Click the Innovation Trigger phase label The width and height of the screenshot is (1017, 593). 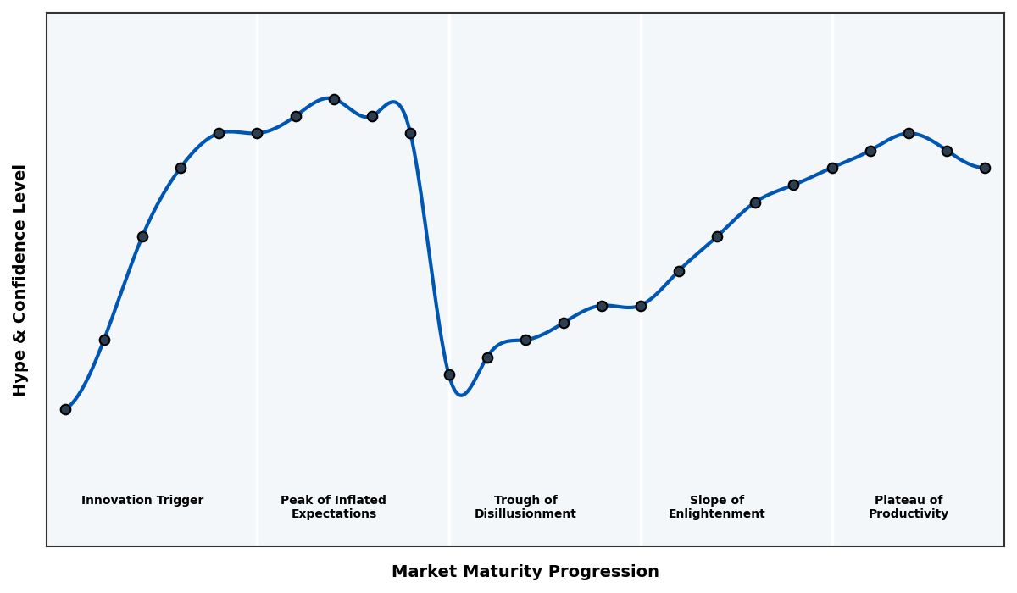tap(142, 501)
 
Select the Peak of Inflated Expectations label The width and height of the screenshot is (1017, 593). tap(333, 507)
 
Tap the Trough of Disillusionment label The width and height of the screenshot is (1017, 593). tap(525, 507)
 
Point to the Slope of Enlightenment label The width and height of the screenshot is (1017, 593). tap(716, 507)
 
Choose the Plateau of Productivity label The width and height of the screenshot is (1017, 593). tap(909, 507)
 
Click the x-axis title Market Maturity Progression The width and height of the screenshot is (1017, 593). tap(525, 572)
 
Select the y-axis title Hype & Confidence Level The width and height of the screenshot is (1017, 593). tap(20, 280)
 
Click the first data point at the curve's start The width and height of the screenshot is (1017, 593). tap(65, 409)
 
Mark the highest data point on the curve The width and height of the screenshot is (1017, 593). tap(334, 99)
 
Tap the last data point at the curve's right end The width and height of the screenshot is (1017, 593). tap(985, 168)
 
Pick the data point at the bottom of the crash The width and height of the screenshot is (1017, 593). tap(449, 374)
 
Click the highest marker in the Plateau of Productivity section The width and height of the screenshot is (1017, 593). tap(909, 133)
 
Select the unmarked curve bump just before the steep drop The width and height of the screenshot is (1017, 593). tap(394, 103)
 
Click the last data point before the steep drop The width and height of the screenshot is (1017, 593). tap(410, 133)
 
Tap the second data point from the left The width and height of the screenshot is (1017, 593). tap(104, 340)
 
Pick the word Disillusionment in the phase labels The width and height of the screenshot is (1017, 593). tap(525, 514)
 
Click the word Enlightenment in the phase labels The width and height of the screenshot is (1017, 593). tap(716, 514)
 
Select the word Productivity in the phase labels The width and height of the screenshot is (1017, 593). tap(909, 514)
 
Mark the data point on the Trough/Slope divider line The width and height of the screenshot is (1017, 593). tap(641, 306)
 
